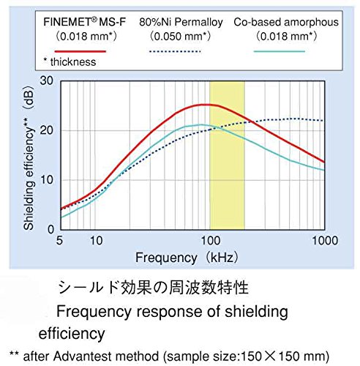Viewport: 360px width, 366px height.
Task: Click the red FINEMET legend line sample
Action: pyautogui.click(x=80, y=51)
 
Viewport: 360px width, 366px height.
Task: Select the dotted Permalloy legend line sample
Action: pyautogui.click(x=175, y=51)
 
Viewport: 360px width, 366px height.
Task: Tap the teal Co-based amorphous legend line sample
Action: pyautogui.click(x=280, y=51)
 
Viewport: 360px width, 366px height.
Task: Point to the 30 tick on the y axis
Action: pyautogui.click(x=46, y=81)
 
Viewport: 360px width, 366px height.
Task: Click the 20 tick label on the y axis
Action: pyautogui.click(x=46, y=130)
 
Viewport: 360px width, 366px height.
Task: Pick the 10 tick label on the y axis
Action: pyautogui.click(x=46, y=180)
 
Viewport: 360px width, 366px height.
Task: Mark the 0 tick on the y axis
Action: pyautogui.click(x=50, y=229)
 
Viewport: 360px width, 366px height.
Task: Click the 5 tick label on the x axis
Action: pyautogui.click(x=59, y=241)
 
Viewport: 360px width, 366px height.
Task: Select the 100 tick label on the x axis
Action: pyautogui.click(x=211, y=241)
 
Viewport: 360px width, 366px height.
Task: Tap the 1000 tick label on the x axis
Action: pyautogui.click(x=325, y=241)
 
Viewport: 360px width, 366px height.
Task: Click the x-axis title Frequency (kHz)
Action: pyautogui.click(x=187, y=258)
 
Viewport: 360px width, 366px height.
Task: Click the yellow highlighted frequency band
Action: pyautogui.click(x=227, y=155)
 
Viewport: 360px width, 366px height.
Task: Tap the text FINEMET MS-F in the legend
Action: pyautogui.click(x=84, y=22)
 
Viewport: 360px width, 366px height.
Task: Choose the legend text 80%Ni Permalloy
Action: pyautogui.click(x=181, y=22)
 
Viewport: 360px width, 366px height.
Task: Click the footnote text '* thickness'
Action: pyautogui.click(x=70, y=62)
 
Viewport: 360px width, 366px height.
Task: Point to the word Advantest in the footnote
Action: pyautogui.click(x=106, y=356)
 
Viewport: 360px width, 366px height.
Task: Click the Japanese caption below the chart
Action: pyautogui.click(x=154, y=287)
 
